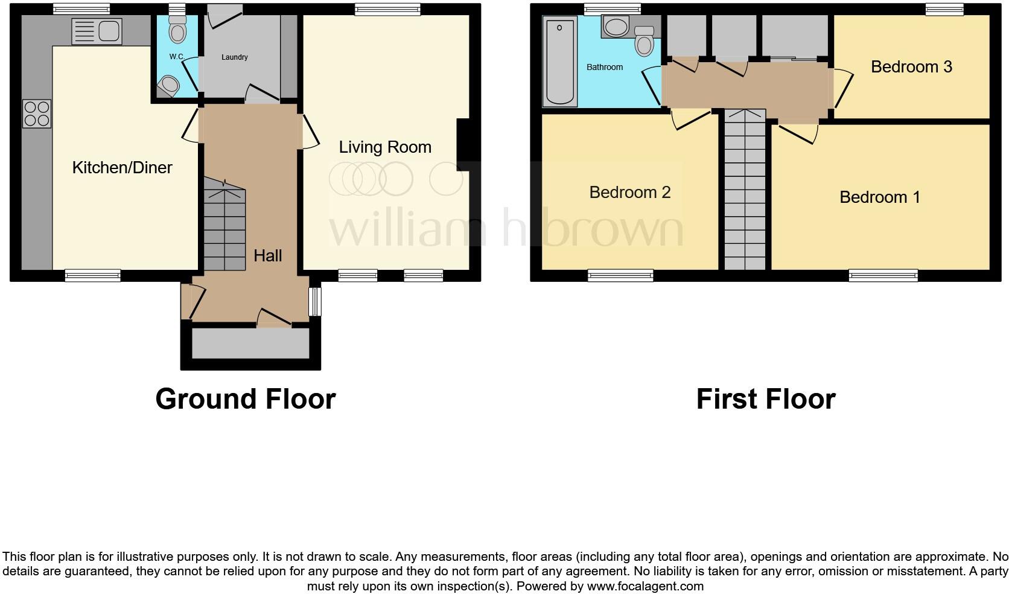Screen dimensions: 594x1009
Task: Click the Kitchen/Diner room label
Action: (122, 168)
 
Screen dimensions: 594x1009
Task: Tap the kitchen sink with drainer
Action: (97, 31)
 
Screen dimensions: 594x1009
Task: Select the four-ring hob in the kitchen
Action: (37, 114)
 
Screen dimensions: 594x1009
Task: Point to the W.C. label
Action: (176, 57)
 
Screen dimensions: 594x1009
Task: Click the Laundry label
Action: (234, 57)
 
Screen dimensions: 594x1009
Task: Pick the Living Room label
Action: (385, 147)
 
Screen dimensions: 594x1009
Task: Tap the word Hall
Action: (267, 256)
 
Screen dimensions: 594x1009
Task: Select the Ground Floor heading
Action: (245, 399)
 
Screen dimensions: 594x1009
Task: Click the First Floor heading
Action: (766, 399)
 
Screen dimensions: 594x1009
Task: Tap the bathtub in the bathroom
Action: (560, 62)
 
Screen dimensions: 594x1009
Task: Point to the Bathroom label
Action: (604, 67)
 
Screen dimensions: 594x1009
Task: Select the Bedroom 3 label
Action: (911, 66)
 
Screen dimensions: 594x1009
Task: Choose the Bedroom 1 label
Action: (880, 197)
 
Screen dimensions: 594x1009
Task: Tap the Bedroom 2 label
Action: (629, 193)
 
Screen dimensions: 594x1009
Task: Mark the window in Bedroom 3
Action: (945, 8)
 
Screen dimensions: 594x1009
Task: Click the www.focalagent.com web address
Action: (645, 586)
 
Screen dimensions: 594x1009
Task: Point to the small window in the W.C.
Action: (176, 8)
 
